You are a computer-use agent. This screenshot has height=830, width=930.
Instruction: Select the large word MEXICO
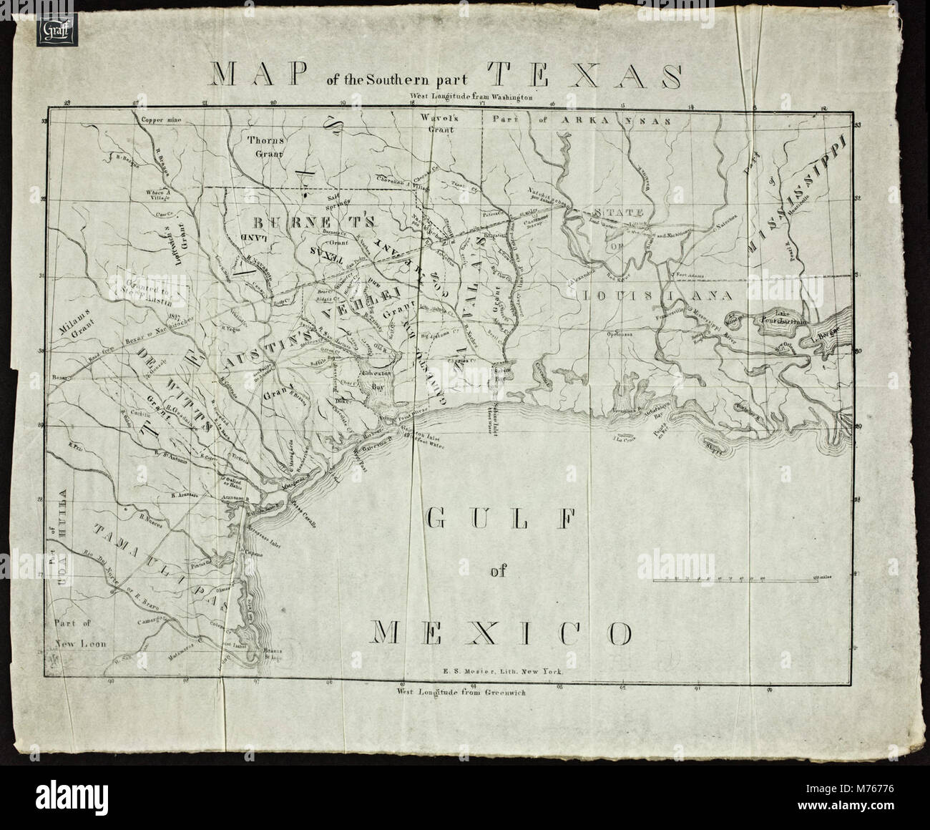[501, 632]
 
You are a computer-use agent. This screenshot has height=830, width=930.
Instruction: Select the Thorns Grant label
[263, 146]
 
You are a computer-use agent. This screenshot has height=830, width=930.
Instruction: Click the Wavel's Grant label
[428, 125]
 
